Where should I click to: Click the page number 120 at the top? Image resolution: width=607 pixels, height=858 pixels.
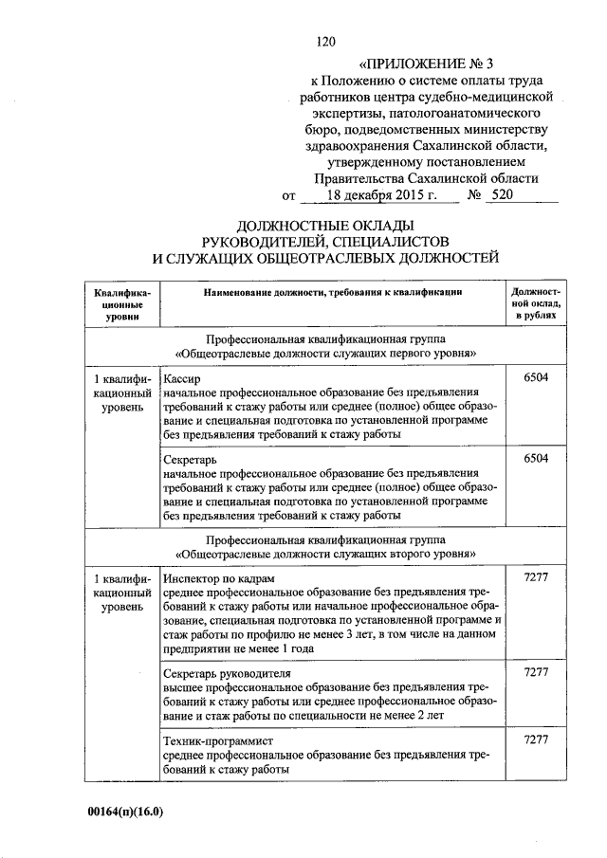coord(325,42)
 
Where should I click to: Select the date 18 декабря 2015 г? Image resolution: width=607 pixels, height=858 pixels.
coord(379,195)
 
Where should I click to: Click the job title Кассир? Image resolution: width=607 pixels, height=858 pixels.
coord(183,377)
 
